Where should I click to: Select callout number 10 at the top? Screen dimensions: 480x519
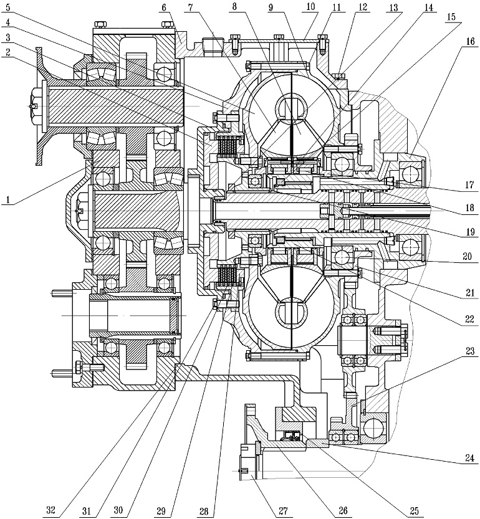coord(310,7)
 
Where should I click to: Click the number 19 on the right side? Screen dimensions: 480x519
coord(470,231)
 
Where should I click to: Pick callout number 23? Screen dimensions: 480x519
coord(470,351)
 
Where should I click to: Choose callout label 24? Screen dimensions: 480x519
coord(470,458)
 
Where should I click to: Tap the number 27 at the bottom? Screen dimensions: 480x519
coord(283,510)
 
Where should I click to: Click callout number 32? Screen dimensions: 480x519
coord(50,510)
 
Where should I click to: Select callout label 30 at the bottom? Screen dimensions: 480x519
coord(118,510)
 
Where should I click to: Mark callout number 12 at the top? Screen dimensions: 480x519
coord(363,7)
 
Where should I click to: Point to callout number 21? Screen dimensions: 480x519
coord(470,293)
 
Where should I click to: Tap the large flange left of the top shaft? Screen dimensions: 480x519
coord(40,105)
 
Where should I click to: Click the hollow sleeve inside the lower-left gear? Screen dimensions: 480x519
coord(135,315)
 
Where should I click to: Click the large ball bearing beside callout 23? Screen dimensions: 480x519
coord(374,428)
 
